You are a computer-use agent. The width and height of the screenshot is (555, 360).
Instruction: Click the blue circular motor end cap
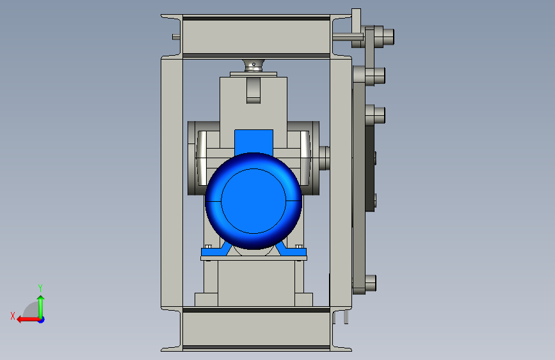click(x=253, y=201)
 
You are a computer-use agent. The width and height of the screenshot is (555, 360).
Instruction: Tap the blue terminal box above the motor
click(x=253, y=142)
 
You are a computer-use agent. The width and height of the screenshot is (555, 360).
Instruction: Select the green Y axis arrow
click(x=41, y=307)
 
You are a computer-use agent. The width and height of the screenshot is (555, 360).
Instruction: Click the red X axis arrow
click(x=29, y=320)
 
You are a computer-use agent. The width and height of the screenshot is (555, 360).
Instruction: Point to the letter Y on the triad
click(x=40, y=288)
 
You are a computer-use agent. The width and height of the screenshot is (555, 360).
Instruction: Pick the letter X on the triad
click(x=13, y=316)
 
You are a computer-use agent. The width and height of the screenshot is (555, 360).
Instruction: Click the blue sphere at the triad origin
click(x=42, y=320)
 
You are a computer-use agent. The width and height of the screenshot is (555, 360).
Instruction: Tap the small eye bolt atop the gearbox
click(x=253, y=65)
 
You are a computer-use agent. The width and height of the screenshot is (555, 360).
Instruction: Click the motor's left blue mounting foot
click(x=216, y=250)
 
